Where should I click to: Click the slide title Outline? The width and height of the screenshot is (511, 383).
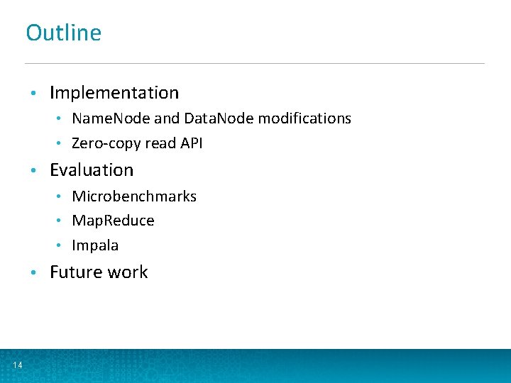[64, 33]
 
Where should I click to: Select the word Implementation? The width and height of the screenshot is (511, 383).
[114, 93]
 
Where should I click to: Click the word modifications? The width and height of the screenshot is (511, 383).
[304, 118]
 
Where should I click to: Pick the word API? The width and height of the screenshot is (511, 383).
[191, 143]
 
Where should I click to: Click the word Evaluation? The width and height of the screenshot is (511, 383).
[92, 170]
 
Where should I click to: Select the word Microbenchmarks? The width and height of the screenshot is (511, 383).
[134, 196]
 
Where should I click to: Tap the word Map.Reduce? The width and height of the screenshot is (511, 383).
[113, 221]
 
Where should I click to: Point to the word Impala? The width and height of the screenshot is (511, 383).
[95, 245]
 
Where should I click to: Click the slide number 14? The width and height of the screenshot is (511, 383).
[17, 365]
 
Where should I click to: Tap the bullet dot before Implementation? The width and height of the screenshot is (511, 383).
[33, 94]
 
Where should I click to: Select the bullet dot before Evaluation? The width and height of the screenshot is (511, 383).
[33, 171]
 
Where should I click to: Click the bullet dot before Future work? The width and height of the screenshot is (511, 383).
[33, 273]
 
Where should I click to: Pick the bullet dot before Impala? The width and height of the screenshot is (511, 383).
[62, 246]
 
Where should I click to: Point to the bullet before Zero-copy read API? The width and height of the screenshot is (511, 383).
[62, 144]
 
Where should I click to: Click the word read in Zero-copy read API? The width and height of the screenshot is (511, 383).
[160, 143]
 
